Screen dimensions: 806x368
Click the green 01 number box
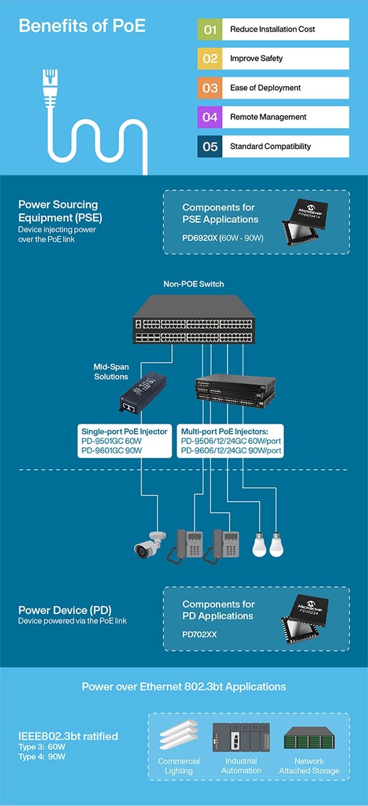(210, 29)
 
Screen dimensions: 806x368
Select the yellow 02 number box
(210, 59)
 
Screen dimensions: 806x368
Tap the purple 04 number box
(210, 117)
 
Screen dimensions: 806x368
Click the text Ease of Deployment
(265, 88)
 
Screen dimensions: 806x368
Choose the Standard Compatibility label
(270, 147)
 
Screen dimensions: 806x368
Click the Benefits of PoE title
(82, 26)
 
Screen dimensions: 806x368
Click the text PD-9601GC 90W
(112, 450)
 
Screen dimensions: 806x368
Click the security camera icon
(148, 545)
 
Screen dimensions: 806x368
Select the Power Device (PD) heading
(64, 610)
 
